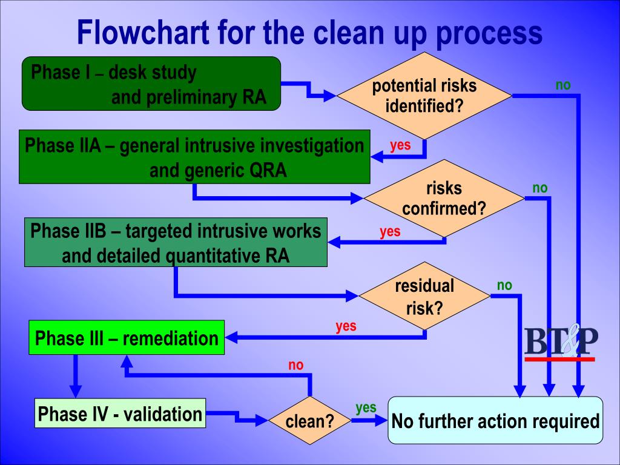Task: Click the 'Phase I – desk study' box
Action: click(x=151, y=84)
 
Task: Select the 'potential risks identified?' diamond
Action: click(x=424, y=96)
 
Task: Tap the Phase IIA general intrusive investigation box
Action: click(x=194, y=157)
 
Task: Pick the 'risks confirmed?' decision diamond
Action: click(x=444, y=198)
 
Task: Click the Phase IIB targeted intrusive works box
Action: click(x=176, y=242)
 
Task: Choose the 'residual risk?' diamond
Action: click(x=424, y=295)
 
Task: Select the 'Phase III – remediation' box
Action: click(x=127, y=337)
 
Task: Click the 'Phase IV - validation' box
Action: click(x=120, y=413)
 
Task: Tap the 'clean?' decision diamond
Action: click(x=309, y=420)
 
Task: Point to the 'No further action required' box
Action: click(x=495, y=420)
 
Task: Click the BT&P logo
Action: click(x=561, y=343)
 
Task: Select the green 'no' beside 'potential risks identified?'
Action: click(x=563, y=85)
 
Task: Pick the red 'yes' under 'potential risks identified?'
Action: click(x=400, y=145)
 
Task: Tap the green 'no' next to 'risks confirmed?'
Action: click(x=539, y=188)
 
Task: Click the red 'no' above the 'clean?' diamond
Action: click(x=295, y=365)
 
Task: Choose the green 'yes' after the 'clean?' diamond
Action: click(x=366, y=407)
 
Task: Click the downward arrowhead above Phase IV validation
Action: click(x=75, y=392)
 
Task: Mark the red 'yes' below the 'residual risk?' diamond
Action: click(x=346, y=326)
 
